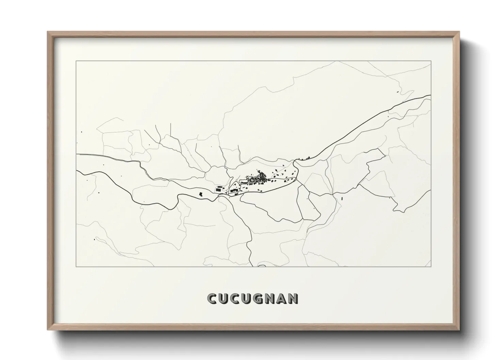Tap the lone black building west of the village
(201, 194)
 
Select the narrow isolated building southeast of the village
(342, 198)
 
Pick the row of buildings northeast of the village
(304, 158)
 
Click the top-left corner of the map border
(76, 61)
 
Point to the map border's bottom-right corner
(431, 266)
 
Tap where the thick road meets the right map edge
(431, 96)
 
